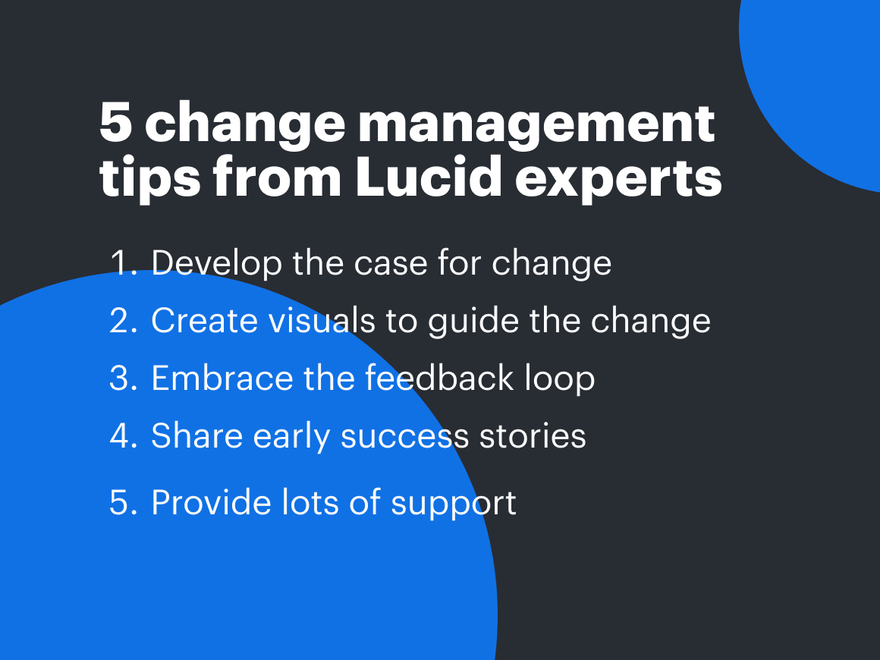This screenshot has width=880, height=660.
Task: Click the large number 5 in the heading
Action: pyautogui.click(x=116, y=122)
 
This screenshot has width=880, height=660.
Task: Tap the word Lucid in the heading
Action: pyautogui.click(x=428, y=176)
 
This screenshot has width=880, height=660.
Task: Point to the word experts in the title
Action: pyautogui.click(x=618, y=180)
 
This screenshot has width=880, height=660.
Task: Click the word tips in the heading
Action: pyautogui.click(x=150, y=178)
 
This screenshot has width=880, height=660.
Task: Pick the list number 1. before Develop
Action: pyautogui.click(x=124, y=262)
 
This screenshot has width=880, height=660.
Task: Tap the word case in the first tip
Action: pyautogui.click(x=391, y=265)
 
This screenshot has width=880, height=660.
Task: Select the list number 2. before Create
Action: pyautogui.click(x=124, y=321)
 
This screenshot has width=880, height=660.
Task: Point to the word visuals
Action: pyautogui.click(x=322, y=320)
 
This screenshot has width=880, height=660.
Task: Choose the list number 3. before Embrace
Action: pyautogui.click(x=124, y=379)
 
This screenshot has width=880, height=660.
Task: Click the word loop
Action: pyautogui.click(x=560, y=379)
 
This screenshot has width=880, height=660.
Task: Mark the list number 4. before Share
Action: pyautogui.click(x=124, y=436)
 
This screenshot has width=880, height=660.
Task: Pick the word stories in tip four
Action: pyautogui.click(x=533, y=436)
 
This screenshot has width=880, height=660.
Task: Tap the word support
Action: pyautogui.click(x=454, y=504)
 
